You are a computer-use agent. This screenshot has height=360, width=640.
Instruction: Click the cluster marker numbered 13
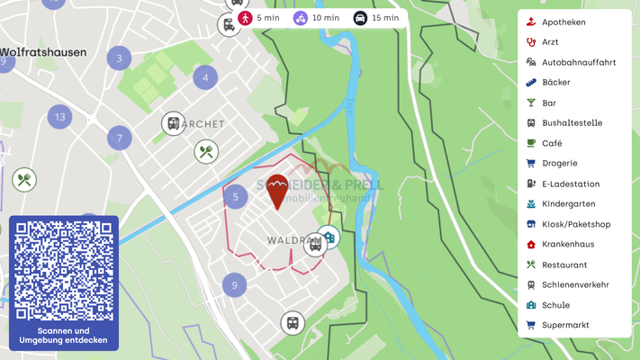click(60, 116)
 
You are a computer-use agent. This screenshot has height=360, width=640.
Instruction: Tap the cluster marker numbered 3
click(119, 59)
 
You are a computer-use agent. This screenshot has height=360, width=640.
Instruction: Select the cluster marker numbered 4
click(205, 77)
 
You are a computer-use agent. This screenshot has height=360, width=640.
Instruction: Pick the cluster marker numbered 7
click(119, 139)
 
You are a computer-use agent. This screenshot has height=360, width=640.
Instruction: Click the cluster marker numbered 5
click(235, 196)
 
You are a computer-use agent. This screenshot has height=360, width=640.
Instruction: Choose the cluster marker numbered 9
click(234, 285)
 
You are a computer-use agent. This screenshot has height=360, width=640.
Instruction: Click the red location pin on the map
click(277, 190)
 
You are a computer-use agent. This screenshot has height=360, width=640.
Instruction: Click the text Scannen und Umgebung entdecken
click(63, 335)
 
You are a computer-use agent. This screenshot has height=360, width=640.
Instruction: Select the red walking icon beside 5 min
click(245, 18)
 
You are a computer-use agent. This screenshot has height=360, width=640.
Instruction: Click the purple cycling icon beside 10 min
click(301, 18)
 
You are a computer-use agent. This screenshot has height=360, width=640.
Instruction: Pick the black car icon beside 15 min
click(360, 18)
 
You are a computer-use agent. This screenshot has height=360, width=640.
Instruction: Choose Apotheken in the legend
click(563, 22)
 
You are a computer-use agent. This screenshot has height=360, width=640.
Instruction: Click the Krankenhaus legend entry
click(567, 244)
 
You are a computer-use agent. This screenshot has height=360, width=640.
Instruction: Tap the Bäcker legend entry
click(555, 82)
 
